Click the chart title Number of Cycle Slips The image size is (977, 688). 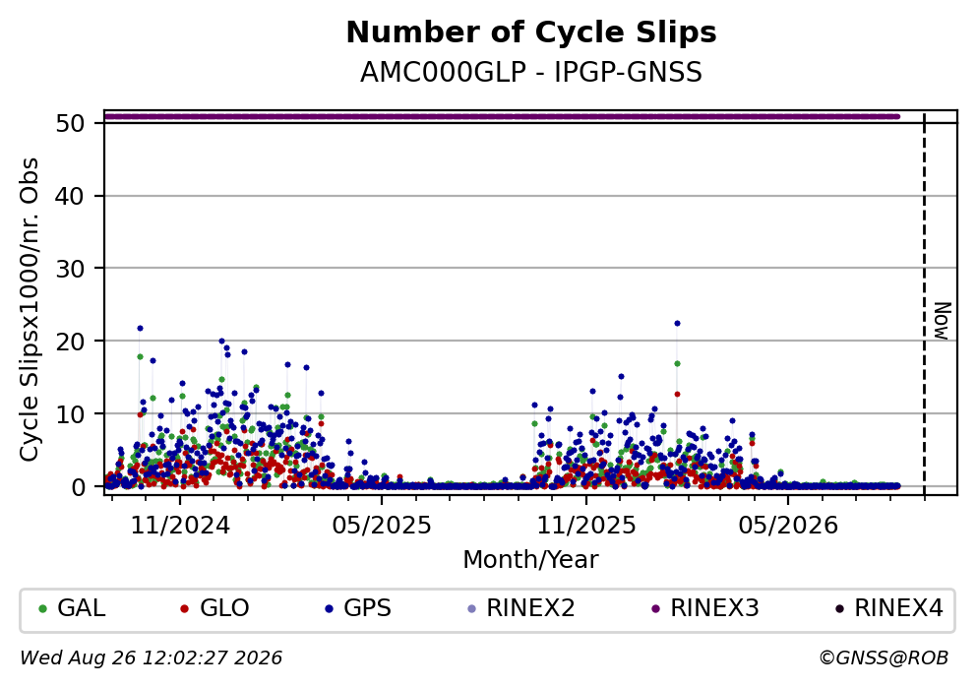tap(531, 32)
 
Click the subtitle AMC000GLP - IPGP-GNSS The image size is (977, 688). tap(531, 72)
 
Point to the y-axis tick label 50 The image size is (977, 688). tap(70, 123)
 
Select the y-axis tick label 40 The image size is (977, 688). tap(70, 196)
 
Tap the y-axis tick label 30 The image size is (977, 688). tap(70, 269)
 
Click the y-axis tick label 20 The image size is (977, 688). tap(70, 342)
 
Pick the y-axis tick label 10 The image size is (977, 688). tap(70, 414)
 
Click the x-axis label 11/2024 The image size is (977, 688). tap(180, 526)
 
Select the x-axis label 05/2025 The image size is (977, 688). tap(382, 526)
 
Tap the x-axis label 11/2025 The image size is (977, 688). tap(586, 526)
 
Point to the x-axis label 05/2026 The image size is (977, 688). tap(788, 526)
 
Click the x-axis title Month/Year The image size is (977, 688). tap(531, 560)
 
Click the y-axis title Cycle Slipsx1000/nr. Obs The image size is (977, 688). tap(29, 310)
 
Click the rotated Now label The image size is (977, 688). tap(943, 321)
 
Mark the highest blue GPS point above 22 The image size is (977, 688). tap(677, 324)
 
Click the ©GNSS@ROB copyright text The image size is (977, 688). tap(884, 658)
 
